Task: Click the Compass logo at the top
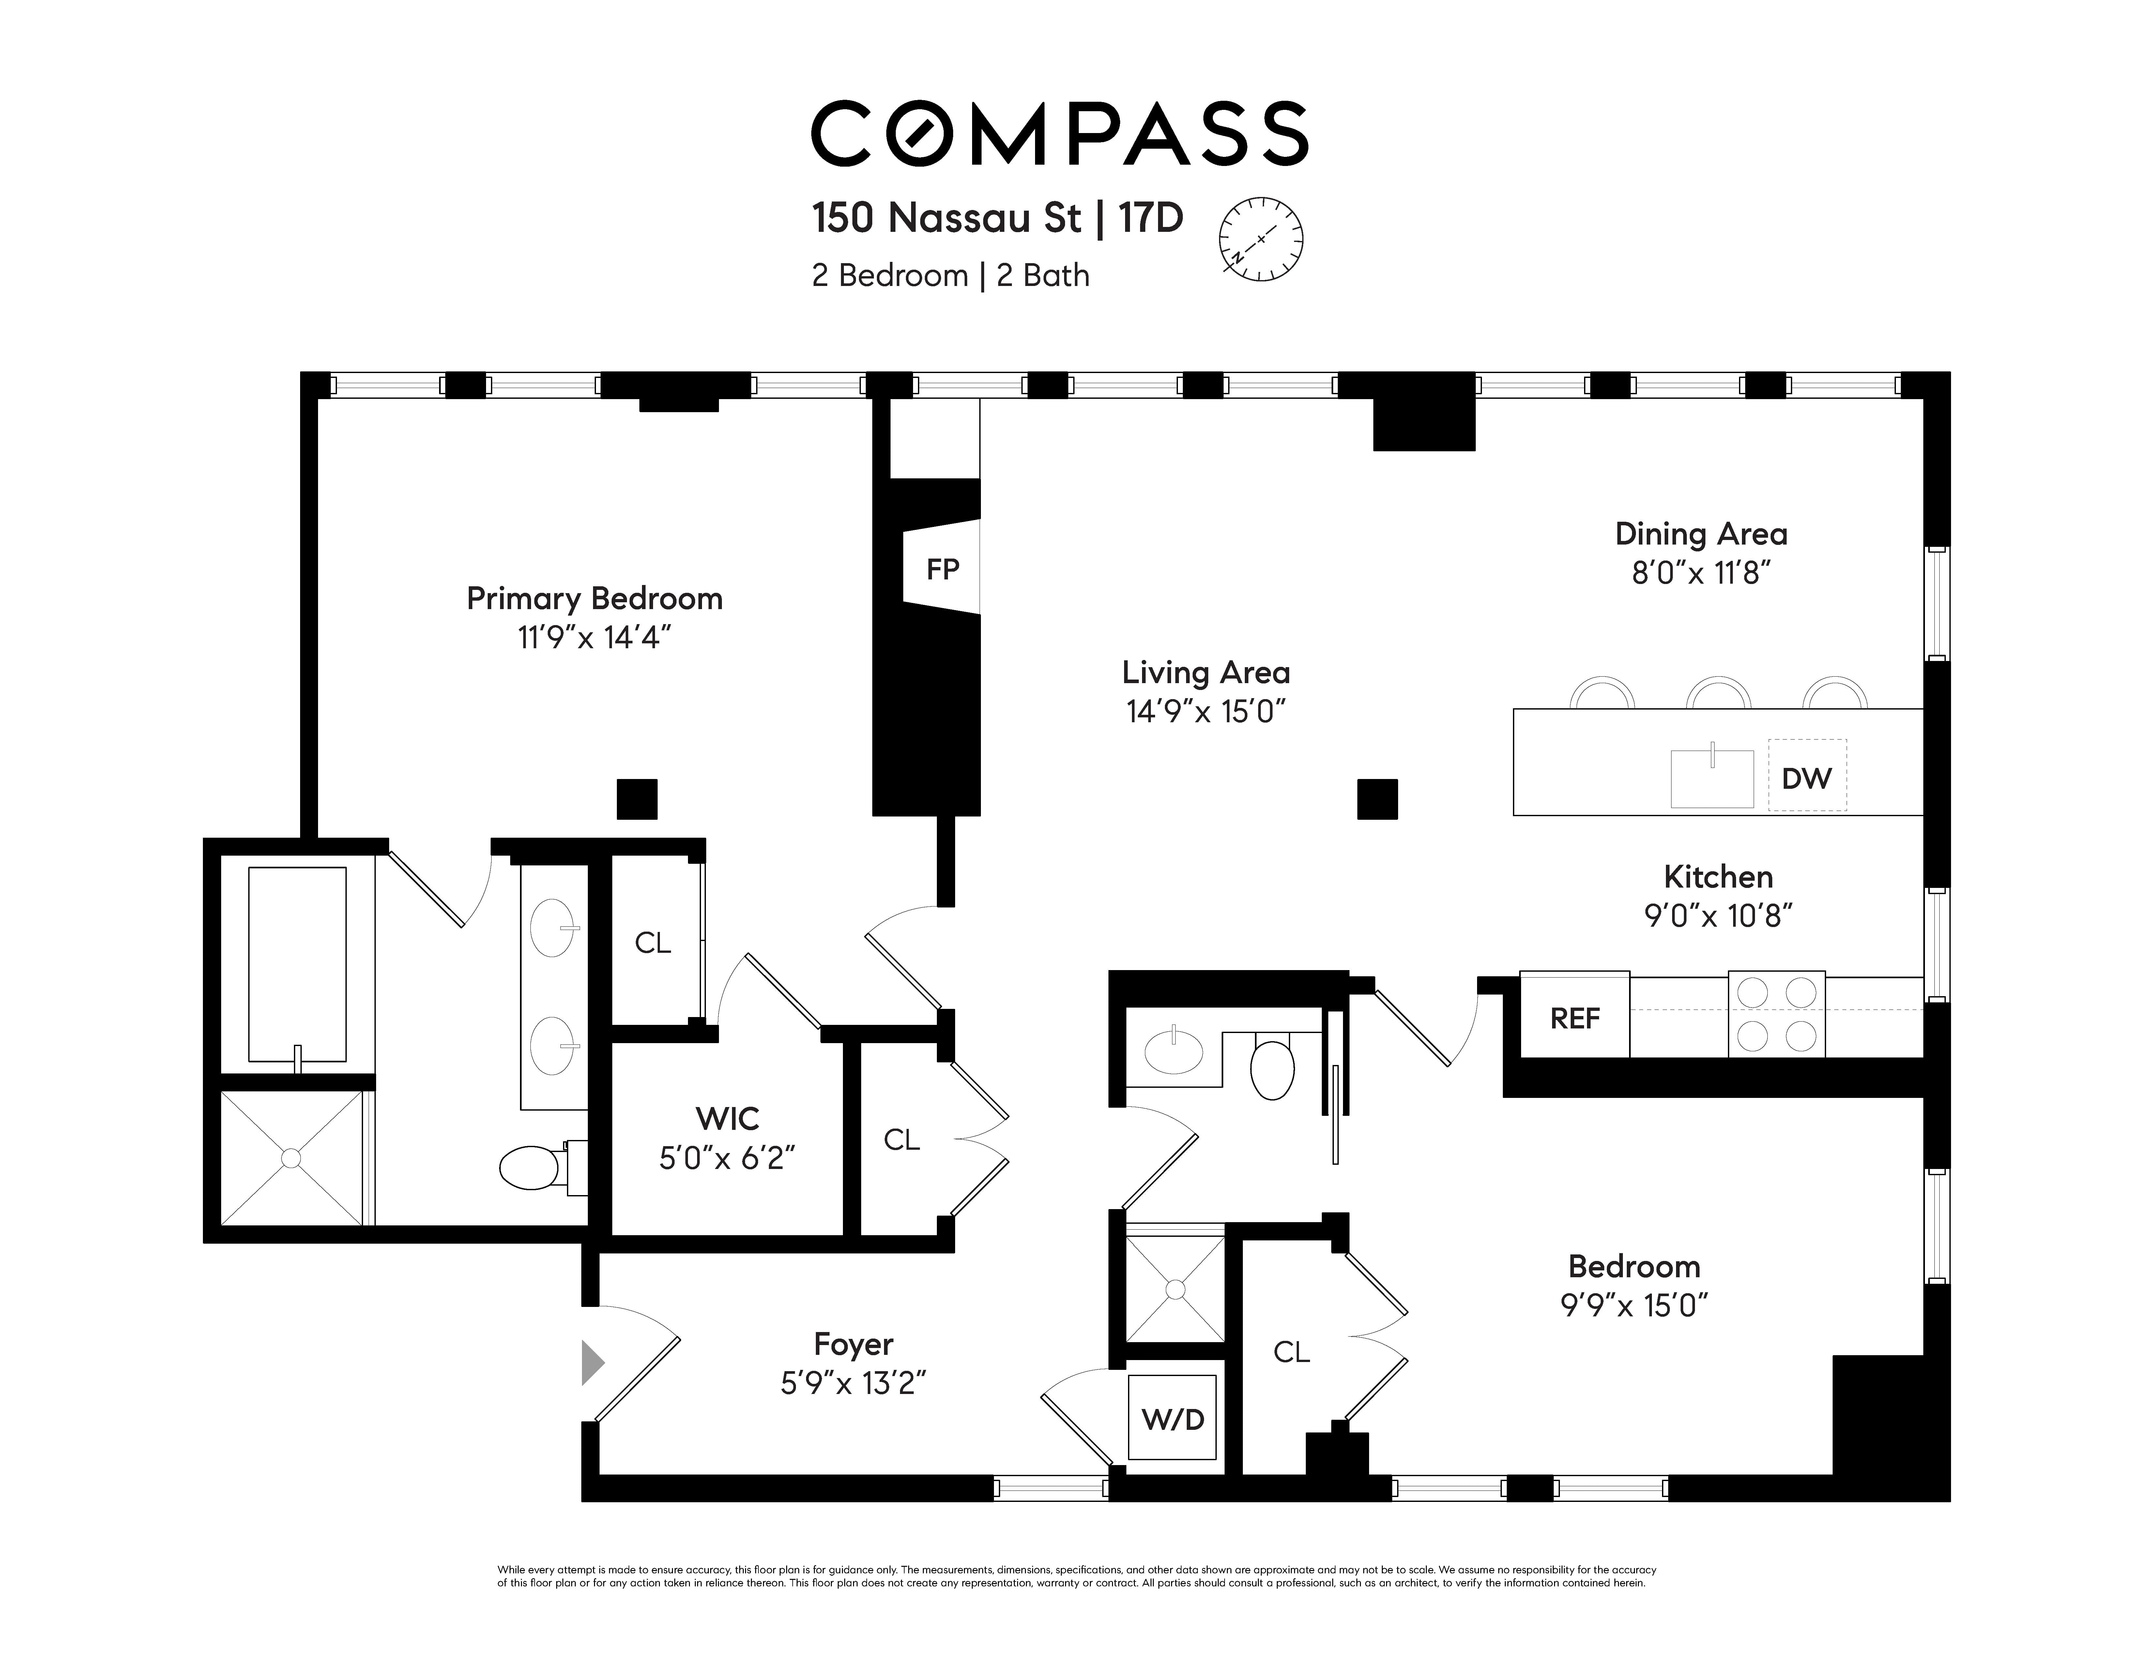click(1060, 133)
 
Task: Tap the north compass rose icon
click(1261, 239)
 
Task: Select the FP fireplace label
click(942, 569)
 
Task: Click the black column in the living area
click(1377, 799)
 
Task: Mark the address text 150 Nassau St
click(946, 218)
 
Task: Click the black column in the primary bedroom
click(637, 799)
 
